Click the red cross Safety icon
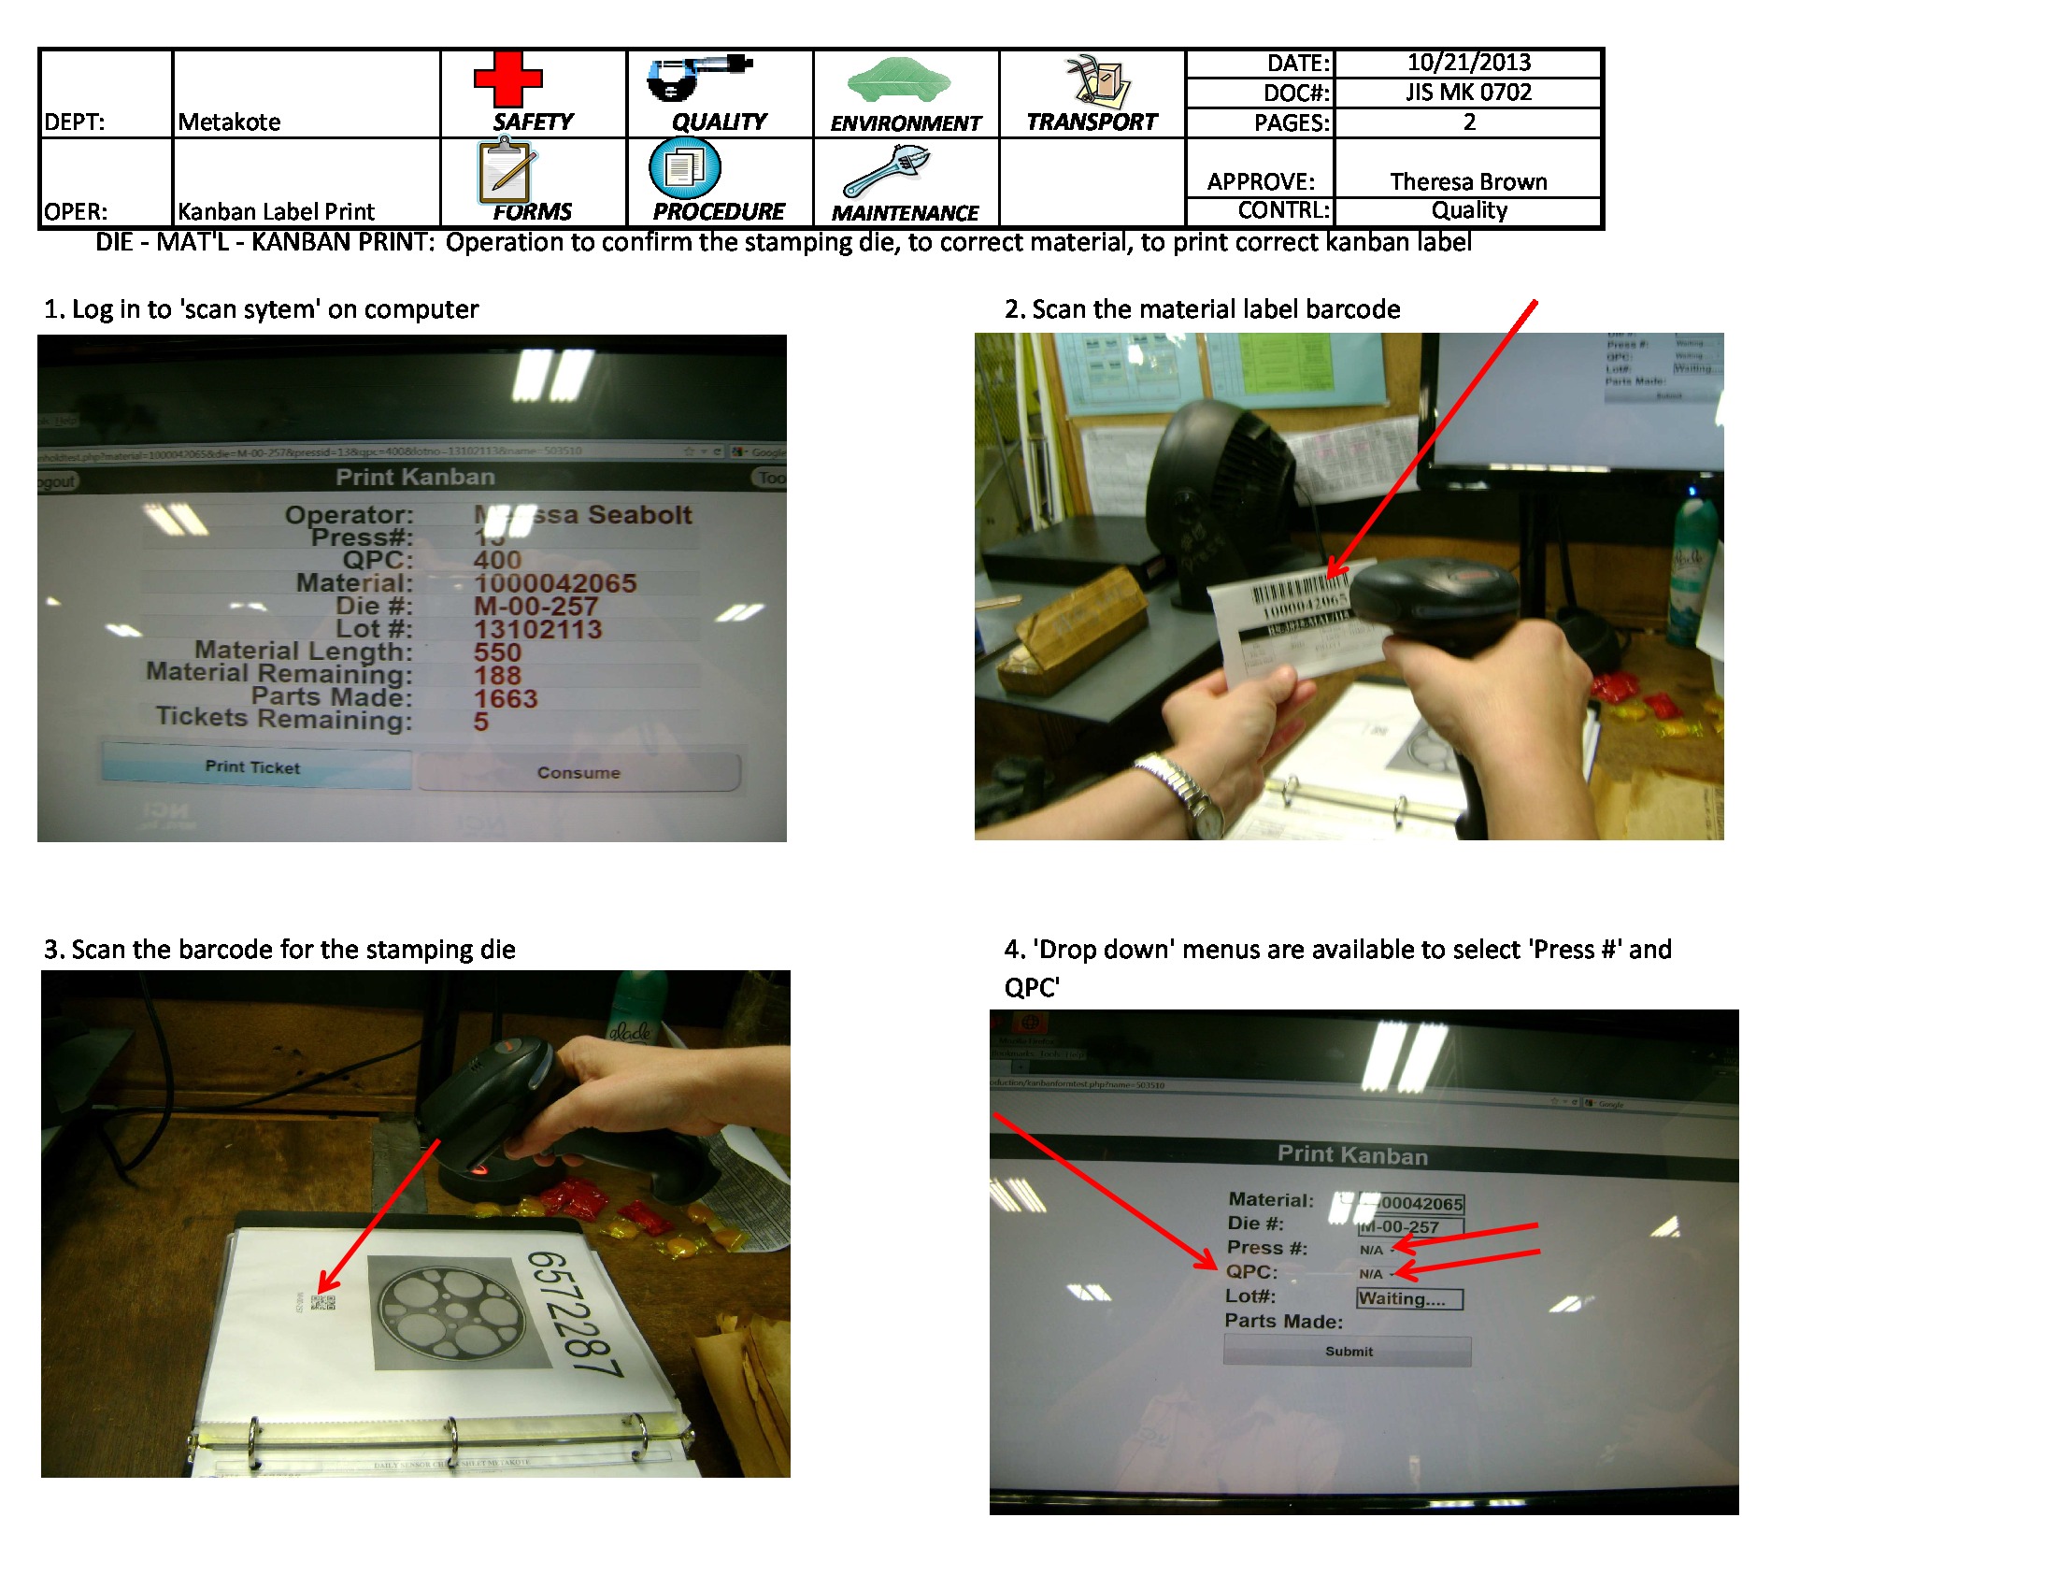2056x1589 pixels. [x=507, y=79]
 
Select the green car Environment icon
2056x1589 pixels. [x=898, y=79]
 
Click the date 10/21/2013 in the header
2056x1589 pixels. [x=1467, y=62]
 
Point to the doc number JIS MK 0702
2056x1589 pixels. [x=1467, y=93]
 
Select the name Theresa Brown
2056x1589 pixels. [x=1467, y=181]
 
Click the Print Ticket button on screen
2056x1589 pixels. [x=254, y=767]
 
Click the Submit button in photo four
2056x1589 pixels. [x=1347, y=1351]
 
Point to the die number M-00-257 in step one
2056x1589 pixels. [x=535, y=607]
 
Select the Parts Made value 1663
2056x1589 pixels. [x=506, y=698]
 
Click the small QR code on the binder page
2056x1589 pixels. [x=323, y=1303]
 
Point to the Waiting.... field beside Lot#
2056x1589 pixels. [x=1408, y=1299]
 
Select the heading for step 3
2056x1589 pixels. [x=279, y=949]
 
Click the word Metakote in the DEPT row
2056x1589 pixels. [x=229, y=122]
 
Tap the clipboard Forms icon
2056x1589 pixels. [x=506, y=171]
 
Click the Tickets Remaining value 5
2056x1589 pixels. [x=481, y=722]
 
